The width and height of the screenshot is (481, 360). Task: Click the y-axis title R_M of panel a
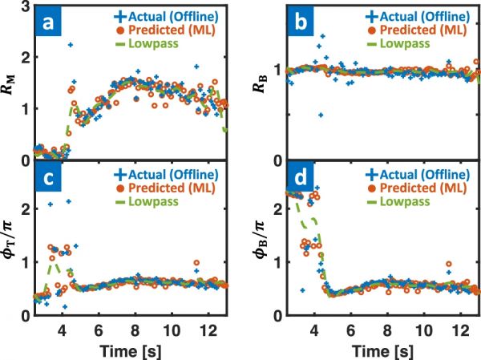coord(10,83)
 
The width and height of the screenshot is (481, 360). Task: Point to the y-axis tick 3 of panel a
coord(23,7)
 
